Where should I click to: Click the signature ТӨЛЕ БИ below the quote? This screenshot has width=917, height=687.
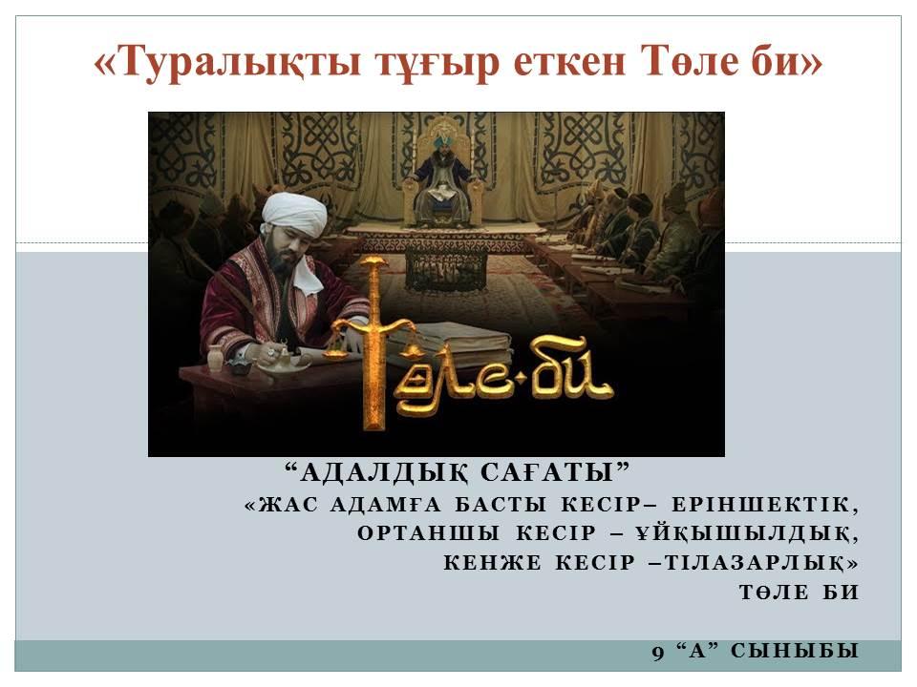tap(799, 593)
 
